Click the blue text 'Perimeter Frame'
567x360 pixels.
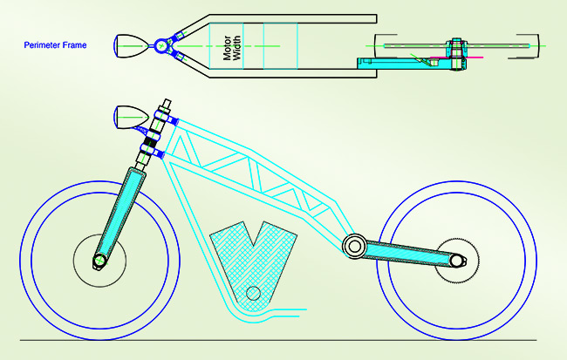(54, 45)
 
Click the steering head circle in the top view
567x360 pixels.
(162, 45)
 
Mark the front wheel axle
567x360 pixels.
(100, 260)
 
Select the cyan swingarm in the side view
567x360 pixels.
(410, 254)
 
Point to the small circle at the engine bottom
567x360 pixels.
(253, 293)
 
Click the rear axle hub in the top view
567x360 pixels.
(455, 48)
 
